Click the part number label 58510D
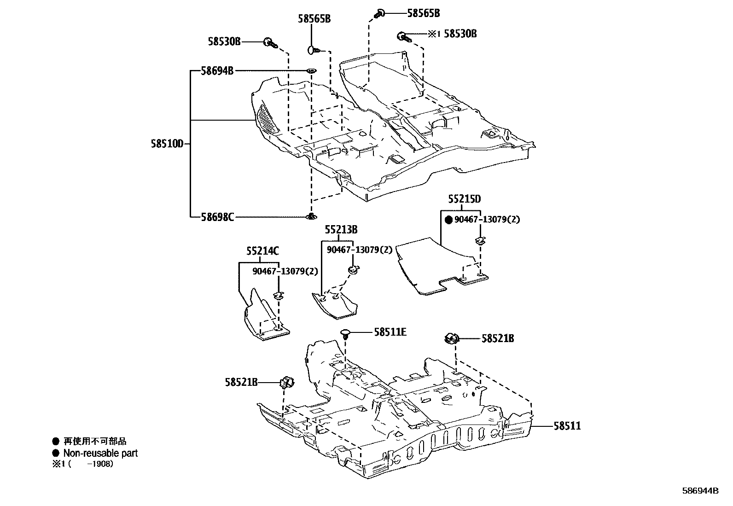(167, 144)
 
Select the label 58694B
(217, 71)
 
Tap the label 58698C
(217, 216)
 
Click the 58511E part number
(390, 332)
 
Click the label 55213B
(341, 229)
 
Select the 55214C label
(262, 251)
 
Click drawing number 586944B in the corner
(700, 491)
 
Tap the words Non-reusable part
(100, 453)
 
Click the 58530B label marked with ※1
(460, 34)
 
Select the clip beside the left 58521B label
(287, 382)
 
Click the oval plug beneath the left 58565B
(312, 48)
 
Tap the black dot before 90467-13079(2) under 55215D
(449, 220)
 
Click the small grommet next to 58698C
(312, 216)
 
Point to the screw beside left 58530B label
(269, 43)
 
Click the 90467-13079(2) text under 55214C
(285, 271)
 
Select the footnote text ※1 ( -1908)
(83, 464)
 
